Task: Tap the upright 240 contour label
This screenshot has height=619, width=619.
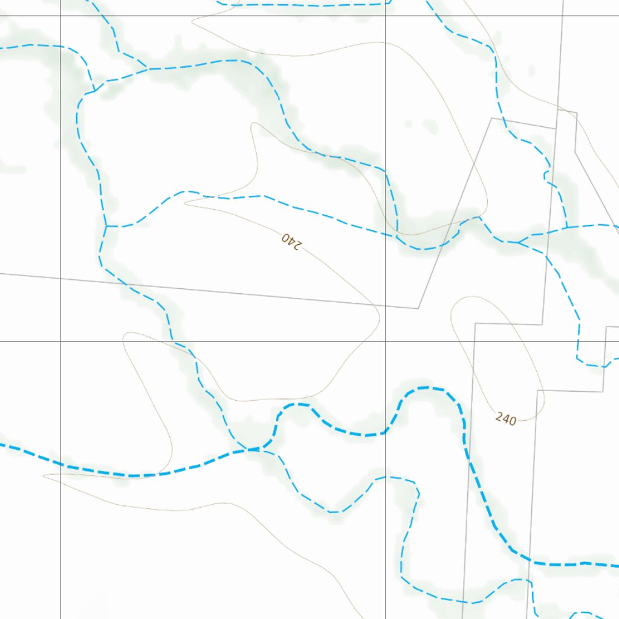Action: (505, 418)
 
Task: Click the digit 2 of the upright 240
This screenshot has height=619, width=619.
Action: (499, 416)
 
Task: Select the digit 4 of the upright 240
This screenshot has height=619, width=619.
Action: (505, 418)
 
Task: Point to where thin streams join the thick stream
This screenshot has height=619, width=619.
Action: (254, 449)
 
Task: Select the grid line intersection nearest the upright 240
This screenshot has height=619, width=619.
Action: (386, 341)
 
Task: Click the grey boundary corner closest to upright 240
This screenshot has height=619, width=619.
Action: (537, 391)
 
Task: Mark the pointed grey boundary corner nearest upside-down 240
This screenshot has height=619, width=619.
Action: (418, 308)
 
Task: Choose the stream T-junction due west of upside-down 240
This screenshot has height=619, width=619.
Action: (106, 226)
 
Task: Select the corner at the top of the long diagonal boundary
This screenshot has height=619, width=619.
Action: (492, 118)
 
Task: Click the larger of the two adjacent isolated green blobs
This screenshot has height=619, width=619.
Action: (430, 127)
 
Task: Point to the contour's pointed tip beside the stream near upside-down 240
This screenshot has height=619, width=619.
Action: (185, 203)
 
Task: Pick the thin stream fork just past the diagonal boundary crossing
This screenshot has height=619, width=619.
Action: (519, 242)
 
